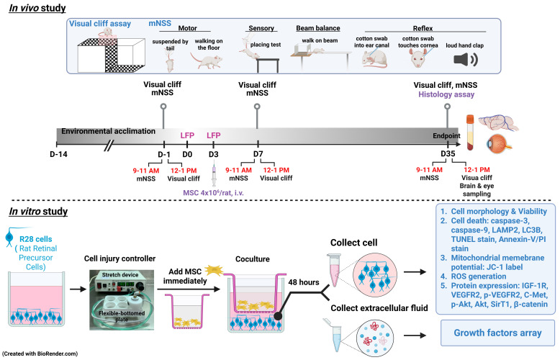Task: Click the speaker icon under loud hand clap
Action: coord(466,59)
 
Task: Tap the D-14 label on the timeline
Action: coord(58,154)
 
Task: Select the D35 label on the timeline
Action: coord(448,153)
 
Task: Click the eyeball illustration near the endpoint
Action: coord(499,144)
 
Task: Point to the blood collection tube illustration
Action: coord(470,132)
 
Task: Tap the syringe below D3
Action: coord(214,174)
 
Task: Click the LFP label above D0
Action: coord(187,135)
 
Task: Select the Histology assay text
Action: coord(446,94)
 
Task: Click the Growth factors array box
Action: coord(497,333)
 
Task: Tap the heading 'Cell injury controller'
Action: coord(119,258)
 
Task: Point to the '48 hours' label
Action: coord(304,282)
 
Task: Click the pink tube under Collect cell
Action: coord(333,270)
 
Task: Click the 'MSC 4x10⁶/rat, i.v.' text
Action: coord(213,192)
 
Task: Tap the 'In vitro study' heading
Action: coord(38,212)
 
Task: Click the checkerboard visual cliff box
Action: coord(111,54)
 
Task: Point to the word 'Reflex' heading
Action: coord(423,28)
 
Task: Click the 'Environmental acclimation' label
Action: coord(108,131)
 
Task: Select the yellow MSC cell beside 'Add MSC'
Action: coord(214,270)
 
